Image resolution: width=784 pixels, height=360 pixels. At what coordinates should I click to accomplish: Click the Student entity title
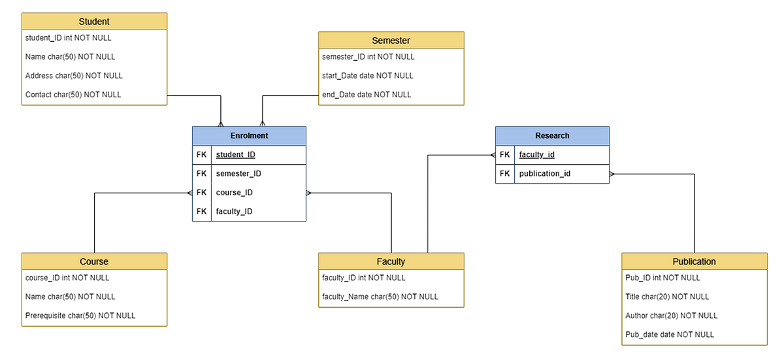[94, 22]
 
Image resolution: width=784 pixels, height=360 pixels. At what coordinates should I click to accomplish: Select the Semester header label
[391, 41]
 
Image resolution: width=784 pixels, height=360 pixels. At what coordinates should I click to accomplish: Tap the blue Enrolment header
[249, 136]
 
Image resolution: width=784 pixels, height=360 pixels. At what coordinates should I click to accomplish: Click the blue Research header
[552, 136]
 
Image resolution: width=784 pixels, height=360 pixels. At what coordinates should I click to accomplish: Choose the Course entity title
[94, 261]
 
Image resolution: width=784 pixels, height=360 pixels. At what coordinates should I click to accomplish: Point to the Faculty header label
[391, 261]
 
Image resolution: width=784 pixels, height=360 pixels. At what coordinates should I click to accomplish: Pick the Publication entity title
[694, 261]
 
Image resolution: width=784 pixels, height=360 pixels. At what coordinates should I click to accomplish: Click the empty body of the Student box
[94, 67]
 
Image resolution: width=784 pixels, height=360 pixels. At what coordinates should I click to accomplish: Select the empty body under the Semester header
[391, 76]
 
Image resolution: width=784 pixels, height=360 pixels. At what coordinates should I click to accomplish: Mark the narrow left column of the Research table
[504, 165]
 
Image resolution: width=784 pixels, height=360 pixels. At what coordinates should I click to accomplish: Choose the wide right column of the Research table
[561, 165]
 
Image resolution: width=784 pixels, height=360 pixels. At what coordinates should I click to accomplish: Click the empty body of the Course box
[94, 297]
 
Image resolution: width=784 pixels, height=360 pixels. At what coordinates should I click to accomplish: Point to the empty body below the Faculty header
[391, 288]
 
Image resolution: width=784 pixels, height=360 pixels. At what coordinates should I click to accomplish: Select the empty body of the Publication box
[694, 306]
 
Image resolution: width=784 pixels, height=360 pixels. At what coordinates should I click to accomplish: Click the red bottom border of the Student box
[94, 105]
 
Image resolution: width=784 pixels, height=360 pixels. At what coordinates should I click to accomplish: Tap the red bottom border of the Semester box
[391, 105]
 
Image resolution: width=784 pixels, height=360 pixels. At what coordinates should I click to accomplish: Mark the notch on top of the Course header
[94, 251]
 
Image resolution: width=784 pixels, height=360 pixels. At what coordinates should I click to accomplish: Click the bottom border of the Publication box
[694, 344]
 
